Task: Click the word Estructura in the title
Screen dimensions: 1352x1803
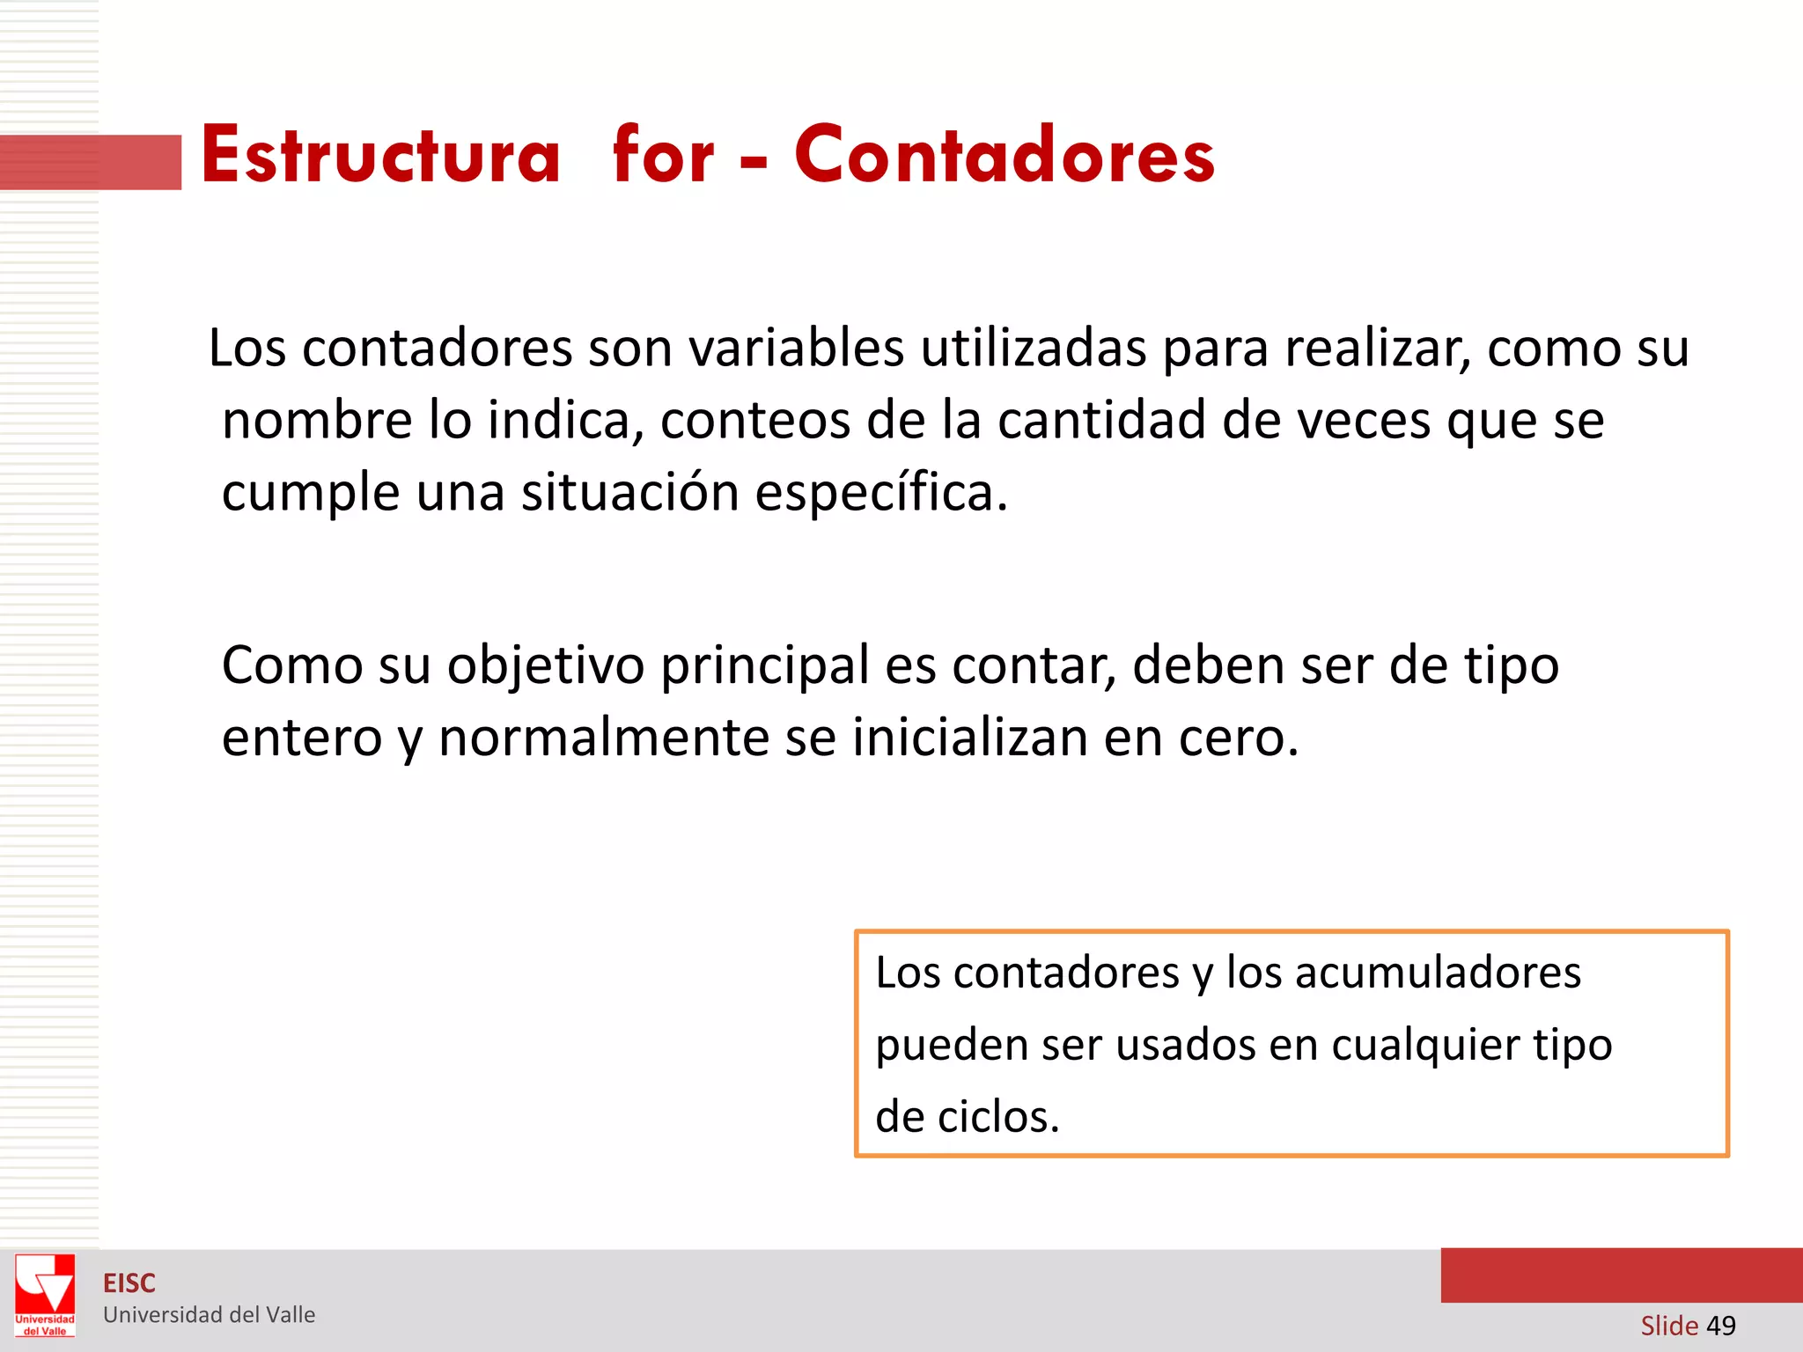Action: (380, 156)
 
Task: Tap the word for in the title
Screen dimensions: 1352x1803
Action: (663, 156)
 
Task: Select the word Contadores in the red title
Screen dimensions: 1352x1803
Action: (1005, 156)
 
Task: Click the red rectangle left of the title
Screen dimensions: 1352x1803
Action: (91, 162)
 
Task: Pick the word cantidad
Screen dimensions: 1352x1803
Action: (1101, 421)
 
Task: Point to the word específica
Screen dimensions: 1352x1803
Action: (880, 493)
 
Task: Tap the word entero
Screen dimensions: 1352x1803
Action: (301, 738)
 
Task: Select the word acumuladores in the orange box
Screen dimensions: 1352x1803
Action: (1438, 974)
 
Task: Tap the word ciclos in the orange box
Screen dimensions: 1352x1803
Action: (997, 1118)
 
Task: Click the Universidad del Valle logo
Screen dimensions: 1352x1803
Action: (45, 1296)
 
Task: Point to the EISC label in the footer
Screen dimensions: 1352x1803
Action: (129, 1283)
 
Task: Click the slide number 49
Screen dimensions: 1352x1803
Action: (1720, 1326)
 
